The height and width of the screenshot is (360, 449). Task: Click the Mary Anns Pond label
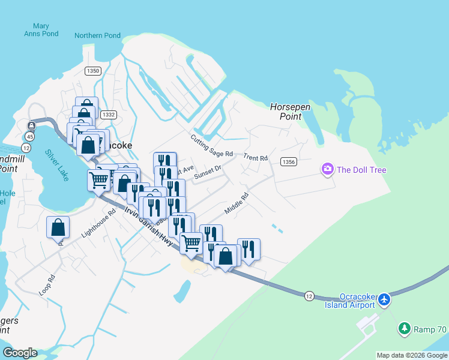[41, 30]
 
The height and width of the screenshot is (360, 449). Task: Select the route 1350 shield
[92, 71]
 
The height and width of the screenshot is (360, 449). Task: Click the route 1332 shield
[109, 115]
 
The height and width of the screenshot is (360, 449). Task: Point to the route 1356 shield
[289, 162]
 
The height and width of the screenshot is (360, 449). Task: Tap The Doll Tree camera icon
[328, 170]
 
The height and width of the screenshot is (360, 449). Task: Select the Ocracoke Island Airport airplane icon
[384, 299]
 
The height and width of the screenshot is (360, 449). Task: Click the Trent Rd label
[256, 158]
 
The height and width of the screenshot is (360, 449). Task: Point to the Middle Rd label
[236, 203]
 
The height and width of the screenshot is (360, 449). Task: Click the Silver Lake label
[57, 162]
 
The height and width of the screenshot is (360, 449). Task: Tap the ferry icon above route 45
[31, 125]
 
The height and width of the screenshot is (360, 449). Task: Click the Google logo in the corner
[20, 353]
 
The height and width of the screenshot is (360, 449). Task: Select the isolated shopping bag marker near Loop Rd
[58, 227]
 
